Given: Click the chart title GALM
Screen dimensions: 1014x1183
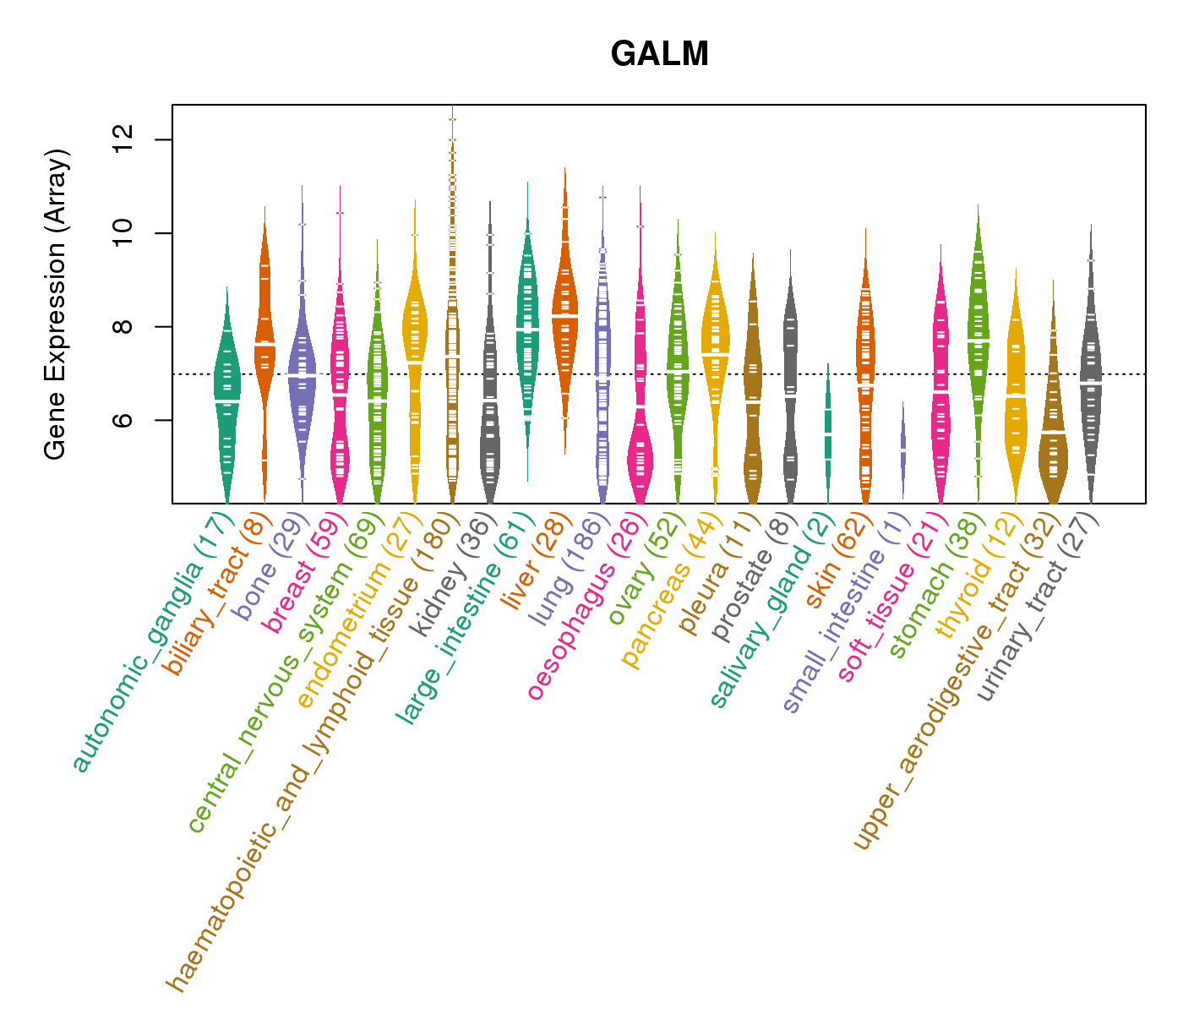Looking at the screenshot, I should click(x=659, y=55).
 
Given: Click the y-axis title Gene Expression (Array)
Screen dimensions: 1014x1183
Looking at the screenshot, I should click(x=56, y=304).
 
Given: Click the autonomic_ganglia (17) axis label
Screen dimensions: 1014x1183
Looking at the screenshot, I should click(x=152, y=642).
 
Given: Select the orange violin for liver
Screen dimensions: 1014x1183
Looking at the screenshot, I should click(x=565, y=313).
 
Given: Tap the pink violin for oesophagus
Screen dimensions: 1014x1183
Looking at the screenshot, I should click(x=641, y=456).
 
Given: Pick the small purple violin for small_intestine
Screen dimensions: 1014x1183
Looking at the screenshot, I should click(x=902, y=448).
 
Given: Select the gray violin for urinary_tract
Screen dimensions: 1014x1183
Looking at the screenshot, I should click(x=1091, y=380).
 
